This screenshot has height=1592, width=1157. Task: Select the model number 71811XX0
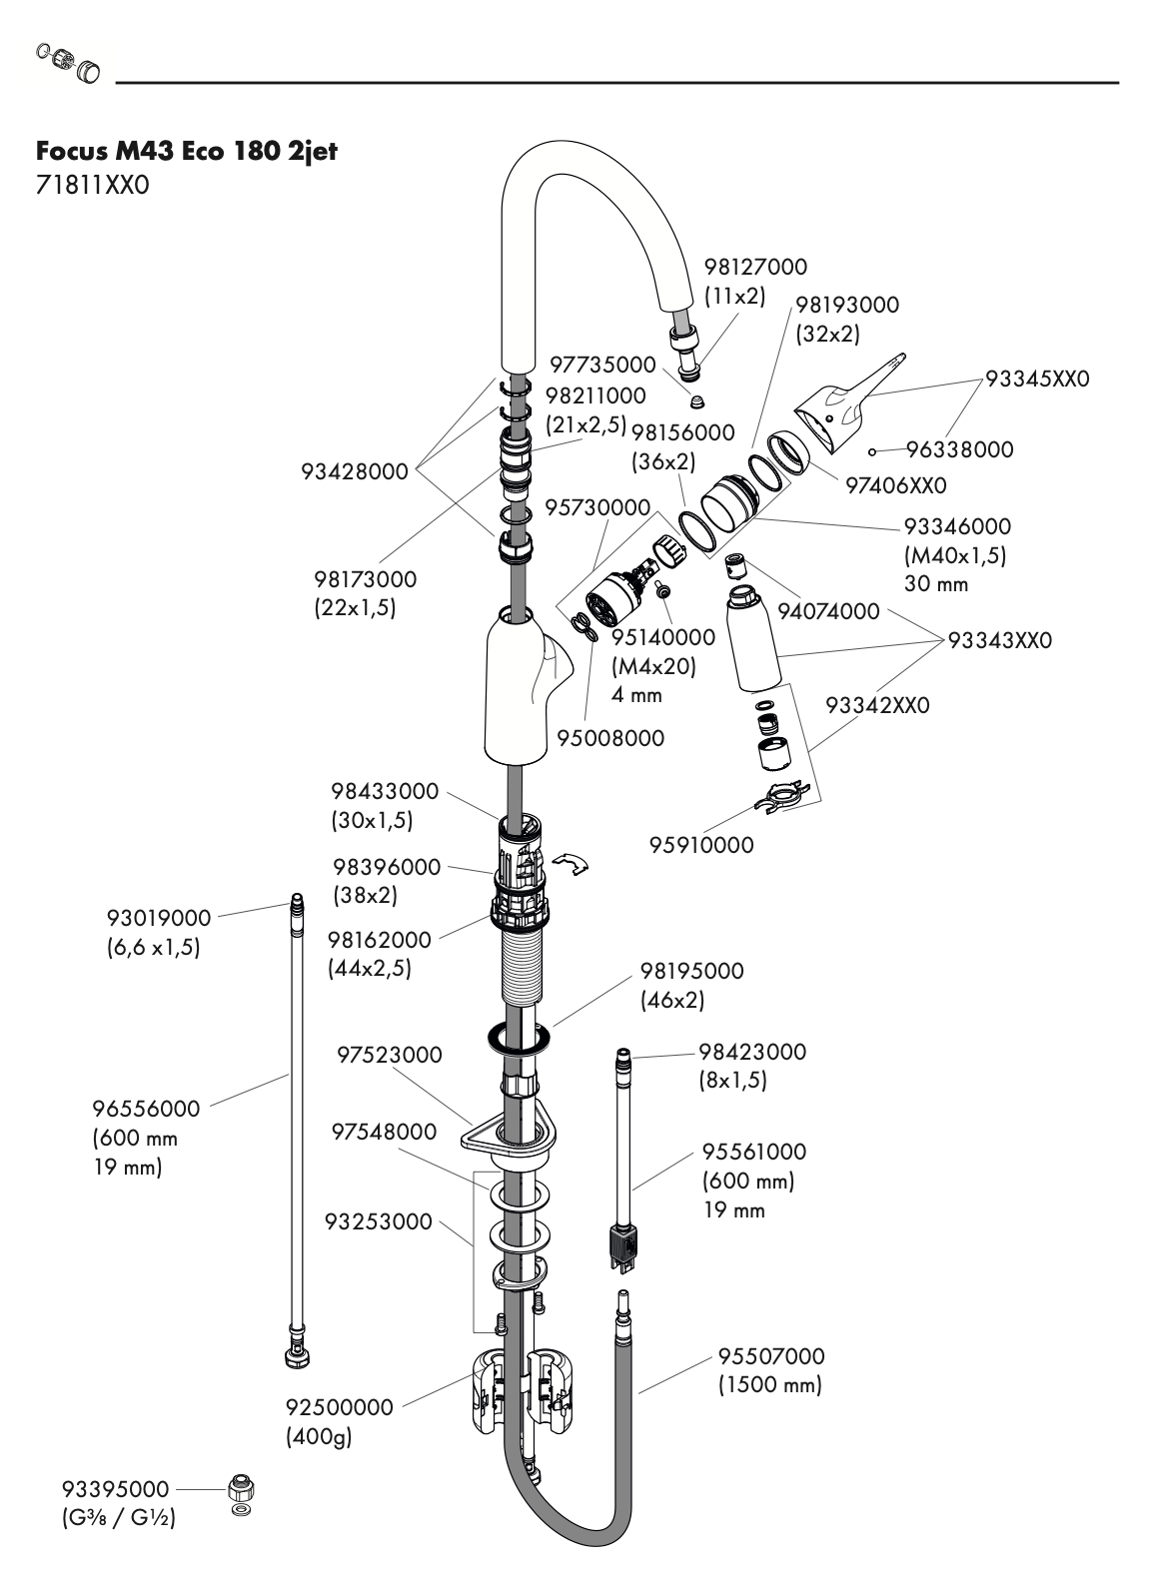[x=92, y=186]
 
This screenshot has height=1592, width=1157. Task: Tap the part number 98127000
[x=754, y=267]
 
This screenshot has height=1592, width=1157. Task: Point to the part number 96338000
[x=959, y=449]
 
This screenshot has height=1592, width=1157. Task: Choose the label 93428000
[x=355, y=471]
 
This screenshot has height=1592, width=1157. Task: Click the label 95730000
[x=596, y=508]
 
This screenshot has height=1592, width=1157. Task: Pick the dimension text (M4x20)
[x=653, y=665]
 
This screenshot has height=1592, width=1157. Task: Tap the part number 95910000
[x=701, y=845]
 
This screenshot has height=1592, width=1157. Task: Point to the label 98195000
[x=692, y=970]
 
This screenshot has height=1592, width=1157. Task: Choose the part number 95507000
[x=771, y=1356]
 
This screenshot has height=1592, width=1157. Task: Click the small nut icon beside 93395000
[x=240, y=1486]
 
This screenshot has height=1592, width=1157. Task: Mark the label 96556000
[x=146, y=1108]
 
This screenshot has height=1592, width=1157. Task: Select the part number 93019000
[x=159, y=917]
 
